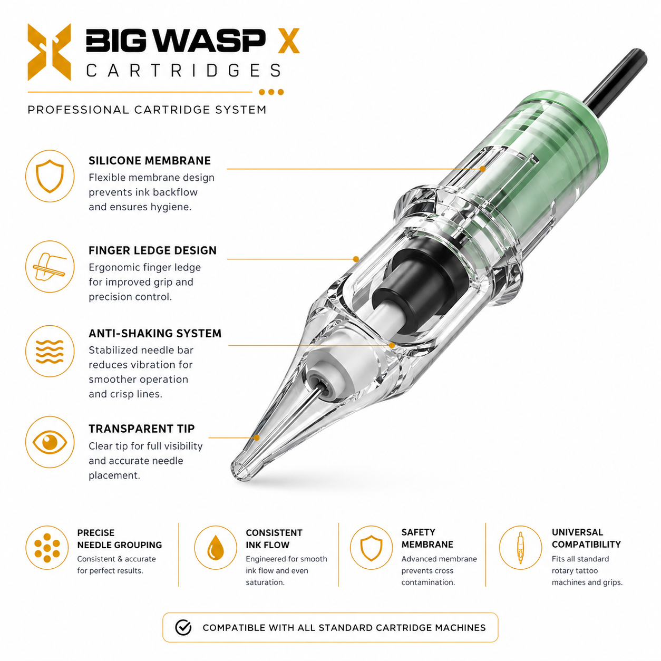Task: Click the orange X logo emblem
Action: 49,52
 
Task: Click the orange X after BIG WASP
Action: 289,41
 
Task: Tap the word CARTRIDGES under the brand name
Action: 184,71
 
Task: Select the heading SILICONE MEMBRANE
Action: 150,161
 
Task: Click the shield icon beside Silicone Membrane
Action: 50,176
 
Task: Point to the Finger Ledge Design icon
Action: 50,267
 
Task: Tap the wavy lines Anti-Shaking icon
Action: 50,351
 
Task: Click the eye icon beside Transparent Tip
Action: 50,442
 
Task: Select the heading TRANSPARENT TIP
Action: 141,429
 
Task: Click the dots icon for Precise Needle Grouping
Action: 47,548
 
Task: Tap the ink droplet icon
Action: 215,548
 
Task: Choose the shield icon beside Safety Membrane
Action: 371,548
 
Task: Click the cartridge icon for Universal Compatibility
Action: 520,548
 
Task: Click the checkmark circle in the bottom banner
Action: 183,627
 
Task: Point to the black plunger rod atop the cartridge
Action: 617,80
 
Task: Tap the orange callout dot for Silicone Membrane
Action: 483,169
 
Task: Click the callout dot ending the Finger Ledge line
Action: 356,259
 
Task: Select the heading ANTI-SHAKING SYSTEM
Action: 155,333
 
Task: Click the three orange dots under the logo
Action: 271,92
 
